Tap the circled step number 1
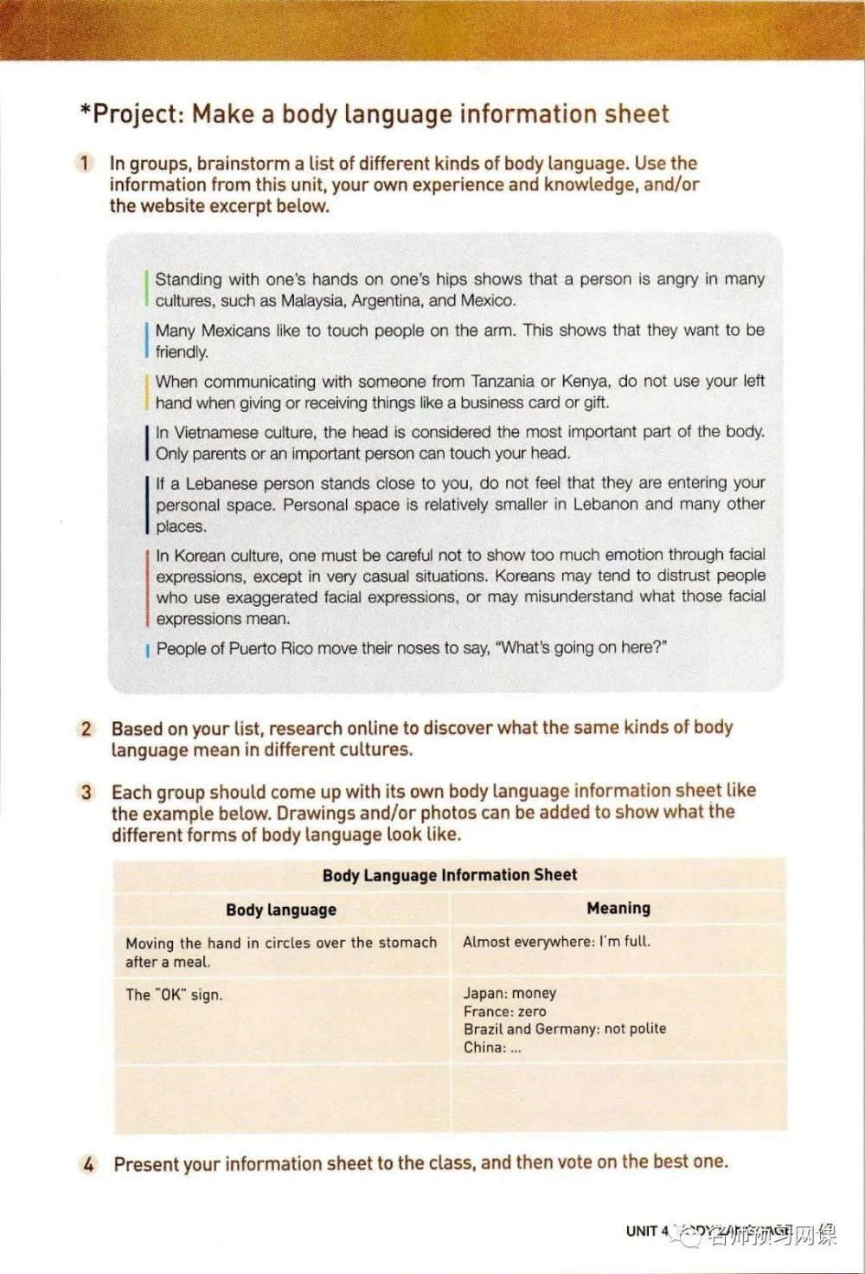click(x=85, y=163)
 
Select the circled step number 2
click(x=86, y=728)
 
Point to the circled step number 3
click(x=86, y=792)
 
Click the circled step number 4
click(x=88, y=1164)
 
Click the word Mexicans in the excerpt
click(x=237, y=331)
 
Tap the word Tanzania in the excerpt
click(x=503, y=382)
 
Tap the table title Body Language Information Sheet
click(x=449, y=875)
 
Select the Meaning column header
click(x=618, y=908)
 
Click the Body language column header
click(x=281, y=910)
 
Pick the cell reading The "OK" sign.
click(x=174, y=995)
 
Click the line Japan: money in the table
click(x=509, y=994)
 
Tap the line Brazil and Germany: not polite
click(x=565, y=1029)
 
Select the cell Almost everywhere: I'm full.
click(x=556, y=942)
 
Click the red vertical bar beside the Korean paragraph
click(x=148, y=587)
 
